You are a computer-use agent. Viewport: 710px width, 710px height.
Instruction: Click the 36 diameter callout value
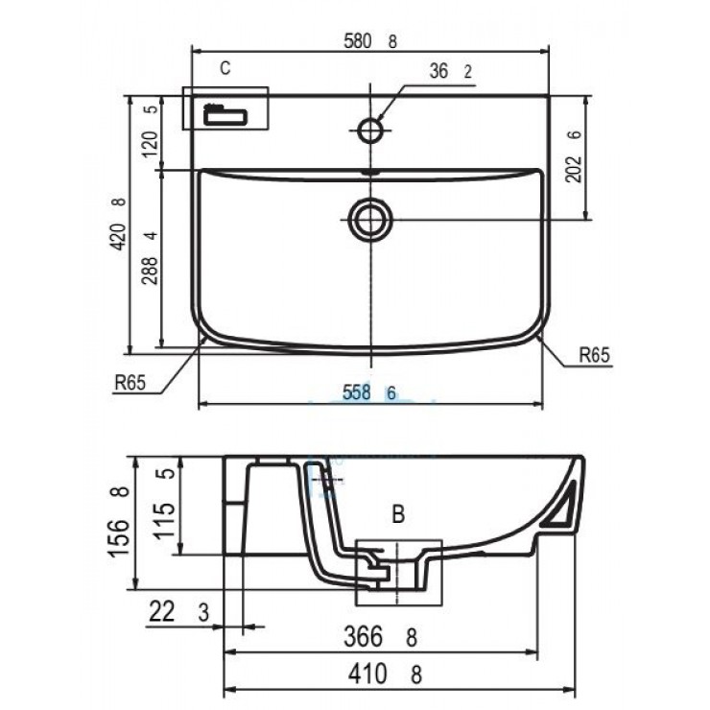pos(439,71)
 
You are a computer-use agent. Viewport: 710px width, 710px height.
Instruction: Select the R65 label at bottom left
pos(129,383)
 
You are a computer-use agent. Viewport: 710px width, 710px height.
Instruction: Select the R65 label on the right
pos(594,355)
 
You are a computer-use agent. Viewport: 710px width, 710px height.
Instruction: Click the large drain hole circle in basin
pos(369,219)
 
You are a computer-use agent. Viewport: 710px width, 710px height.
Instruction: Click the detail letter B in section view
pos(398,514)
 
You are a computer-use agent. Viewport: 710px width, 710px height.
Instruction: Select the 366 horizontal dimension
pos(370,635)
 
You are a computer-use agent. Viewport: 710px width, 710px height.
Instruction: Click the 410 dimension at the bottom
pos(370,674)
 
